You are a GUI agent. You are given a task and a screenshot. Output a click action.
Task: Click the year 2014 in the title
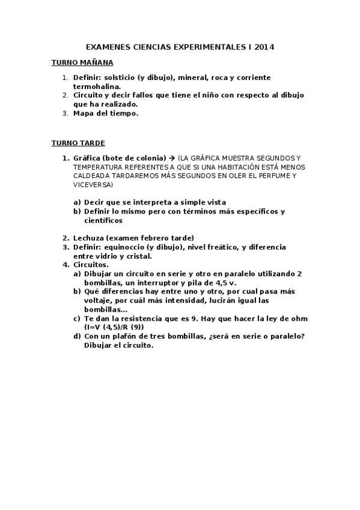point(264,46)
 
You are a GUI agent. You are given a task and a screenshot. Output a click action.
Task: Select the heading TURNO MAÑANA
point(82,62)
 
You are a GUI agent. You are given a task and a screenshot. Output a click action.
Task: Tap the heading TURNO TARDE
point(78,143)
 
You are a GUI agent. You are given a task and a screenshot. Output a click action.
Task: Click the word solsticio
point(120,78)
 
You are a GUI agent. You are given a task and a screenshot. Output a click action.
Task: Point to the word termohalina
point(97,87)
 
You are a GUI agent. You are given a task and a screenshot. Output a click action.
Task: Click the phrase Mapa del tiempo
point(106,112)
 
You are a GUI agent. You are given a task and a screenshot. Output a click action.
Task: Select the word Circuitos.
point(91,264)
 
